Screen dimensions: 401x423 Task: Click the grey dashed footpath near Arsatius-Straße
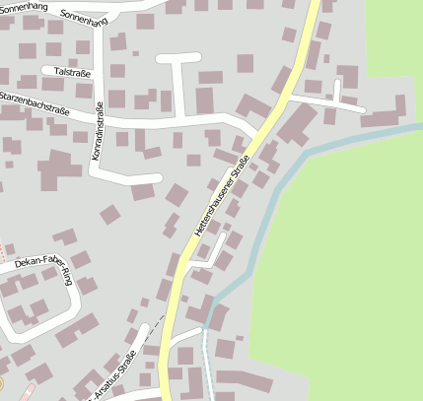coord(148,336)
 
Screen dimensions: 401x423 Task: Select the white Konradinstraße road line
coord(94,158)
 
